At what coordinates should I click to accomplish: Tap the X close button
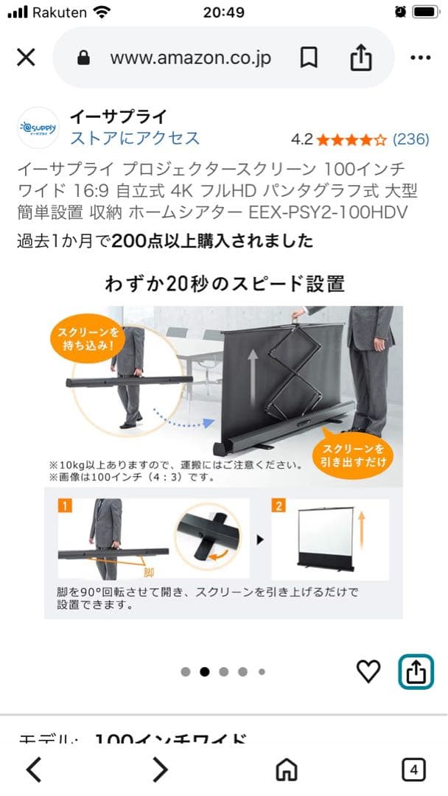[26, 57]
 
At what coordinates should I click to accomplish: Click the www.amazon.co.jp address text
[191, 57]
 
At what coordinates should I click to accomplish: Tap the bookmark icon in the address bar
[309, 57]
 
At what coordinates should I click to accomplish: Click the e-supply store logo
[37, 128]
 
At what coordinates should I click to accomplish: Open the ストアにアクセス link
[135, 138]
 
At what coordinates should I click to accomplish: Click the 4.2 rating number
[302, 139]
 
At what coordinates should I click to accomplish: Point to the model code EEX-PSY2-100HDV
[327, 213]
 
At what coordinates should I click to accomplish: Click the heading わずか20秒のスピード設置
[224, 283]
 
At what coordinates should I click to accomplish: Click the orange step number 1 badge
[65, 506]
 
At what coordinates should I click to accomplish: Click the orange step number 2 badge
[279, 506]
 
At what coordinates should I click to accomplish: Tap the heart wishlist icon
[368, 671]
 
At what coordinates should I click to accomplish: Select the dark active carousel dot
[205, 671]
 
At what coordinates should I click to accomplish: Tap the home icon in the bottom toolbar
[286, 770]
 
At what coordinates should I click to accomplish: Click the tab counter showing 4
[413, 770]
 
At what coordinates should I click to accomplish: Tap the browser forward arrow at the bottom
[160, 770]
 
